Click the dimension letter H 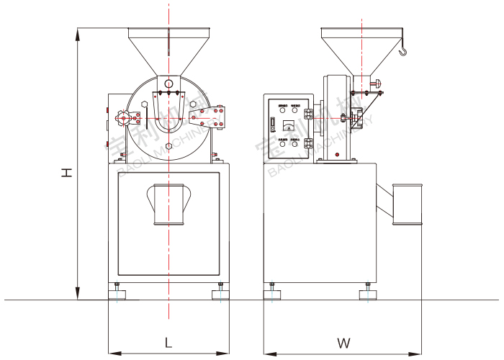66,172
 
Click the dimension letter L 168,342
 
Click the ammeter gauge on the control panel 289,126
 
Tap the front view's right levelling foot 220,292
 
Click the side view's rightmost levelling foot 367,292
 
